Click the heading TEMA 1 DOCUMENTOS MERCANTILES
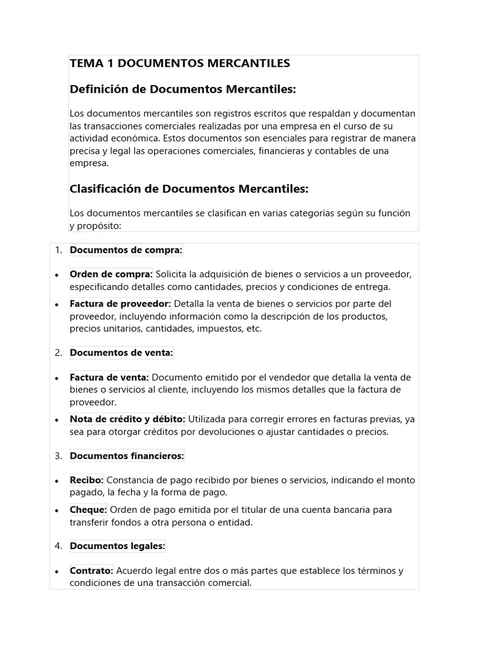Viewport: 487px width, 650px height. pos(179,63)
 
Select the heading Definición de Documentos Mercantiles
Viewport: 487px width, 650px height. pos(183,90)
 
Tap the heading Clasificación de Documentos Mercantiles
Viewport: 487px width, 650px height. pos(189,189)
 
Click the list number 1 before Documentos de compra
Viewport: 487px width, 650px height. pos(58,250)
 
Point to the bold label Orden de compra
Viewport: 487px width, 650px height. pos(111,274)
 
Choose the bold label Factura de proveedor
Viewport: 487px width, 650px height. pos(120,303)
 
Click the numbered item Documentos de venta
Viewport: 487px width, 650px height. pos(121,352)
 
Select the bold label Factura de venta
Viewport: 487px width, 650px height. pos(109,377)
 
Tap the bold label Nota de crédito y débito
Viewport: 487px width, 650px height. pos(127,419)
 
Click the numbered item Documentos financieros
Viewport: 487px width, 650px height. pos(127,456)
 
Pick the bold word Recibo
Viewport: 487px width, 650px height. pos(87,480)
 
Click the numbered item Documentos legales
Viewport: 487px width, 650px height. pos(117,546)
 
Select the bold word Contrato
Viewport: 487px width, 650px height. pos(91,571)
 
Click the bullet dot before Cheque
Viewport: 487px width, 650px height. pos(57,510)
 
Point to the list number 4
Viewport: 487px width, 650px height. pos(58,546)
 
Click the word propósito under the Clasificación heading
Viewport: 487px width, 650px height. pos(98,225)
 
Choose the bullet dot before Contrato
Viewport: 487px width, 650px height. pos(57,571)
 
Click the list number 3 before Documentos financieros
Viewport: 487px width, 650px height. pos(58,456)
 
